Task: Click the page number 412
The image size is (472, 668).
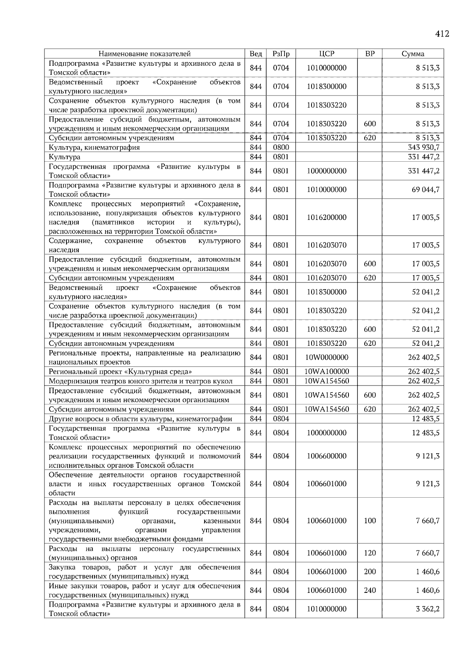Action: coord(442,34)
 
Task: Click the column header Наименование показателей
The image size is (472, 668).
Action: coord(144,54)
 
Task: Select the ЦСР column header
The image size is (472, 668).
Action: coord(326,54)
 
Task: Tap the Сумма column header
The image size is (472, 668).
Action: coord(413,54)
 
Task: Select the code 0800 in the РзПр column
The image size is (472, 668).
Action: coord(281,148)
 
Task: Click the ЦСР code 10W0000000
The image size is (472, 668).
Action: coord(326,358)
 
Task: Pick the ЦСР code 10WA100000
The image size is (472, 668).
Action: coord(326,372)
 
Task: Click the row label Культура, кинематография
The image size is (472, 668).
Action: coord(94,148)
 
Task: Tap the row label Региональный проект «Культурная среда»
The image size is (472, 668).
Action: coord(120,372)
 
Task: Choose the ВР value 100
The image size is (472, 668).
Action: coord(370,521)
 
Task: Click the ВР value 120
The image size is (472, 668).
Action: coord(370,553)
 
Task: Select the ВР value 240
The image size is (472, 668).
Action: coord(370,590)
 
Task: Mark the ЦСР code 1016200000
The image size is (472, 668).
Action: coord(326,218)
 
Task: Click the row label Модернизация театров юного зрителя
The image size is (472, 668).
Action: coord(140,381)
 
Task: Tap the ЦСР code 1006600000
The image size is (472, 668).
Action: coord(326,456)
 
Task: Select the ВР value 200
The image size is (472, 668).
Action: coord(370,572)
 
